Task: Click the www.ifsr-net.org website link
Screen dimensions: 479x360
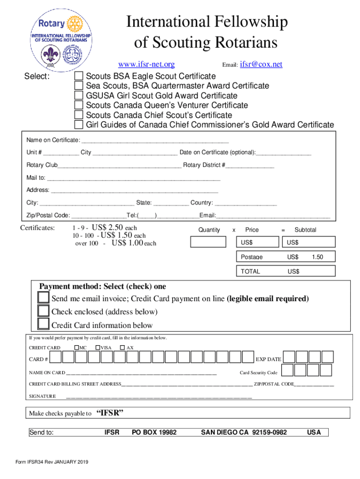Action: click(146, 65)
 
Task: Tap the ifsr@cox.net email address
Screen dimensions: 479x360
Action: click(261, 65)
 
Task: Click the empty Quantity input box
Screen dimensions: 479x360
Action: click(208, 242)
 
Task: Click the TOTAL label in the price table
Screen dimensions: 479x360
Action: click(250, 271)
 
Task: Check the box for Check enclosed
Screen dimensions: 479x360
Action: click(43, 311)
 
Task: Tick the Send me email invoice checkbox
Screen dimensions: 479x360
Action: click(43, 298)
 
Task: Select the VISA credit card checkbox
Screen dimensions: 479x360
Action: click(98, 348)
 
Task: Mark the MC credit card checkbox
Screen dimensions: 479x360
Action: click(76, 348)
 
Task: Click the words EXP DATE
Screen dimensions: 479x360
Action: click(268, 359)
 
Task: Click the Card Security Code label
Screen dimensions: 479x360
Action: click(259, 373)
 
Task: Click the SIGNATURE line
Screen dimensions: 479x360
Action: click(159, 397)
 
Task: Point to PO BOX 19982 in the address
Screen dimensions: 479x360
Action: click(154, 432)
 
